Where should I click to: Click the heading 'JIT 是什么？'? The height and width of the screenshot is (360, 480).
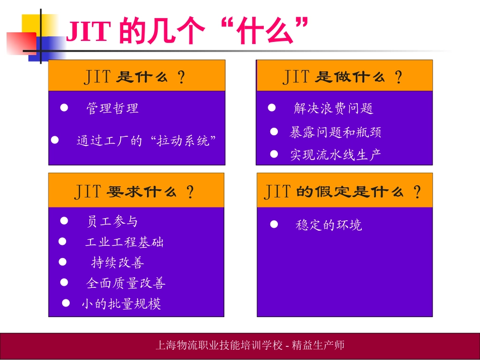135,77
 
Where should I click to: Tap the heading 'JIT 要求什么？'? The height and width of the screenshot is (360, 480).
135,192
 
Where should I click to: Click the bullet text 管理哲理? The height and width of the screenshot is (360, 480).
112,108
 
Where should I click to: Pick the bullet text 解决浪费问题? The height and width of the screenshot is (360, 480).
333,108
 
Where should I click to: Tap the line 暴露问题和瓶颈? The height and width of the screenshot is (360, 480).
335,132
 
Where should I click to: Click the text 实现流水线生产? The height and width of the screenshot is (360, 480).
335,155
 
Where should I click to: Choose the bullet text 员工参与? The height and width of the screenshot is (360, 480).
112,221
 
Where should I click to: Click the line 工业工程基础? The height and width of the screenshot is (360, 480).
124,242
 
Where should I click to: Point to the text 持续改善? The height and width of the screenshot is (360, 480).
118,263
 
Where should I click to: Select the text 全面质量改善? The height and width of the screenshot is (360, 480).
126,283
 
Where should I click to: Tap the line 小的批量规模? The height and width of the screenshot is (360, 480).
121,304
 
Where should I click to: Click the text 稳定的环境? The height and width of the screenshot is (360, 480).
329,225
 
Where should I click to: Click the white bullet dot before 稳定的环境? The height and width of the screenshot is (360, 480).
274,224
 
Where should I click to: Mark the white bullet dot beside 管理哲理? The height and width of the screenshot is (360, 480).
64,108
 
